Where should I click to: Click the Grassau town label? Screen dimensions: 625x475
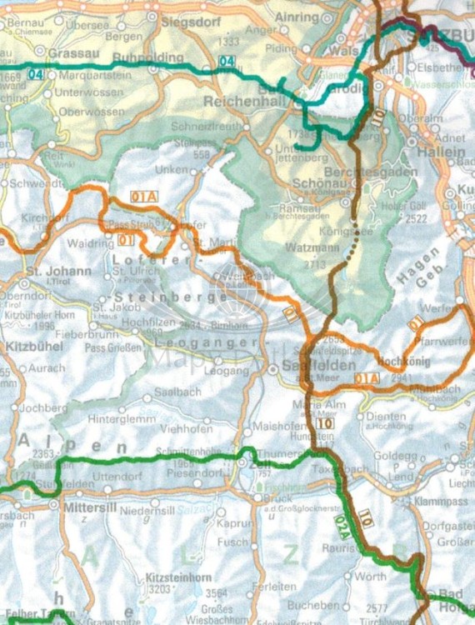tap(69, 52)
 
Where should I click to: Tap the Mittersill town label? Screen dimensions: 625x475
tap(86, 505)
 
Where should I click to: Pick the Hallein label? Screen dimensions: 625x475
tap(444, 152)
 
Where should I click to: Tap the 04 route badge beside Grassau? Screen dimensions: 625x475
tap(36, 74)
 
